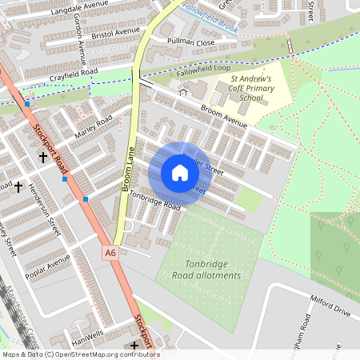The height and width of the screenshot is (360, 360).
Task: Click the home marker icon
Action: [180, 173]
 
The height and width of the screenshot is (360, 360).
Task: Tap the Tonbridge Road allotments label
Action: [206, 270]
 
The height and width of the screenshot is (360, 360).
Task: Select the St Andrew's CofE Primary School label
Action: [252, 88]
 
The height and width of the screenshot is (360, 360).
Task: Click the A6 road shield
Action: [110, 252]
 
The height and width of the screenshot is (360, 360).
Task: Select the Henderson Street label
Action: [45, 210]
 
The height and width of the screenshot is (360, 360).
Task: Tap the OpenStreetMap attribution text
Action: [80, 354]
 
